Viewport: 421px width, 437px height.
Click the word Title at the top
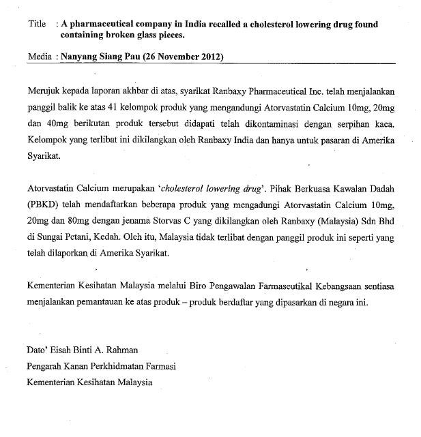click(36, 24)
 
